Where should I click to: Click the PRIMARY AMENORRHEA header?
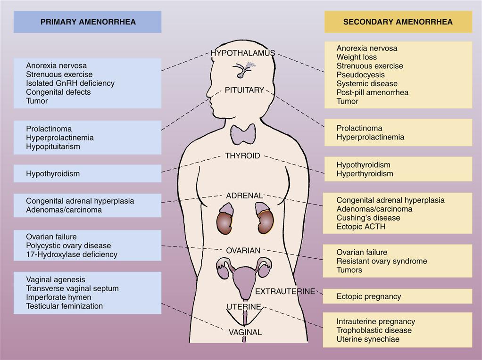point(88,22)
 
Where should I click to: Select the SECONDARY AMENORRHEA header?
point(398,22)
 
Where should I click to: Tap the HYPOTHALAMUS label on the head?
point(243,53)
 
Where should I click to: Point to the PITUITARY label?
point(244,90)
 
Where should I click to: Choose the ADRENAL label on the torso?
point(244,195)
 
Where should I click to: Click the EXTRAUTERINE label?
point(285,292)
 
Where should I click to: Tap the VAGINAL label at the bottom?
point(245,332)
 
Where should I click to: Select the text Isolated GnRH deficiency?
point(70,83)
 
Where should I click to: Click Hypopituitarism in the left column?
point(53,147)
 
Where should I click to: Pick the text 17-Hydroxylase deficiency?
point(72,254)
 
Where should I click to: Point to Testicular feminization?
point(64,306)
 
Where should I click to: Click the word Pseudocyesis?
point(360,74)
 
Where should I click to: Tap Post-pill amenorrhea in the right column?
point(372,92)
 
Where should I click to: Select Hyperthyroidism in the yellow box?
point(365,173)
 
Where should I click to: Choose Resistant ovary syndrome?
point(382,261)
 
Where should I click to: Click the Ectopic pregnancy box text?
point(368,296)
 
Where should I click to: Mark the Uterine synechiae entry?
point(367,339)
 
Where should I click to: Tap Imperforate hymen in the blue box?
point(58,297)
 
